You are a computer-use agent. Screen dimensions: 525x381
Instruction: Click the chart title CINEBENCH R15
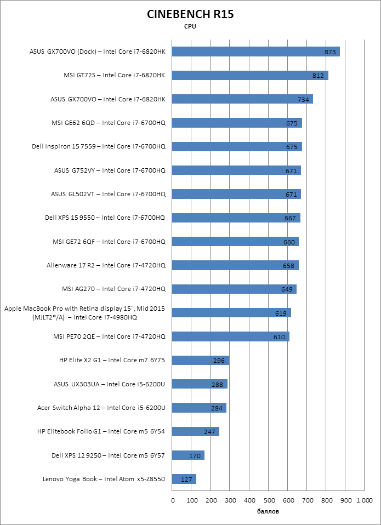pyautogui.click(x=190, y=14)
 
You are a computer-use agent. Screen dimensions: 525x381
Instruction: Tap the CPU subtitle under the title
pyautogui.click(x=190, y=26)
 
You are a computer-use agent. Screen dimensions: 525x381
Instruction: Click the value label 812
pyautogui.click(x=318, y=76)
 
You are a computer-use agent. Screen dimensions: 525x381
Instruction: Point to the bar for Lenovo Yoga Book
pyautogui.click(x=184, y=480)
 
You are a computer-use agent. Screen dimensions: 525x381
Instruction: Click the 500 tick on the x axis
pyautogui.click(x=269, y=500)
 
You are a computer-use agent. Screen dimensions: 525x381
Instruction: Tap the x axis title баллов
pyautogui.click(x=268, y=512)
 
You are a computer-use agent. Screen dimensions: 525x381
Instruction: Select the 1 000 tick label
pyautogui.click(x=364, y=500)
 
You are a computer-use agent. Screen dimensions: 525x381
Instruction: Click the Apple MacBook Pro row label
pyautogui.click(x=84, y=313)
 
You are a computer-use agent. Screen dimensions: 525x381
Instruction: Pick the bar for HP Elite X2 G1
pyautogui.click(x=200, y=360)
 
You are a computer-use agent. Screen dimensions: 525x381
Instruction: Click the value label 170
pyautogui.click(x=195, y=455)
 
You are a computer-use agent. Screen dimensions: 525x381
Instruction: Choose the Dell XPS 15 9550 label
pyautogui.click(x=105, y=218)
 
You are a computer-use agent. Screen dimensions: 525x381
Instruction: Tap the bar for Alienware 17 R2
pyautogui.click(x=235, y=265)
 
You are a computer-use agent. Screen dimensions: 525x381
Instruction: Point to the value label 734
pyautogui.click(x=303, y=99)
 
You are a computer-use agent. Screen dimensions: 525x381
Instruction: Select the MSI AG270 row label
pyautogui.click(x=113, y=289)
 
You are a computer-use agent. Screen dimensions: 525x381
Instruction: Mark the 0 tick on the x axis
pyautogui.click(x=173, y=500)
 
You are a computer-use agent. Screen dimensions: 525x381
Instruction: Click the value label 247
pyautogui.click(x=209, y=432)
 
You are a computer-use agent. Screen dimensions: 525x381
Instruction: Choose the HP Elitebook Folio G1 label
pyautogui.click(x=101, y=431)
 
